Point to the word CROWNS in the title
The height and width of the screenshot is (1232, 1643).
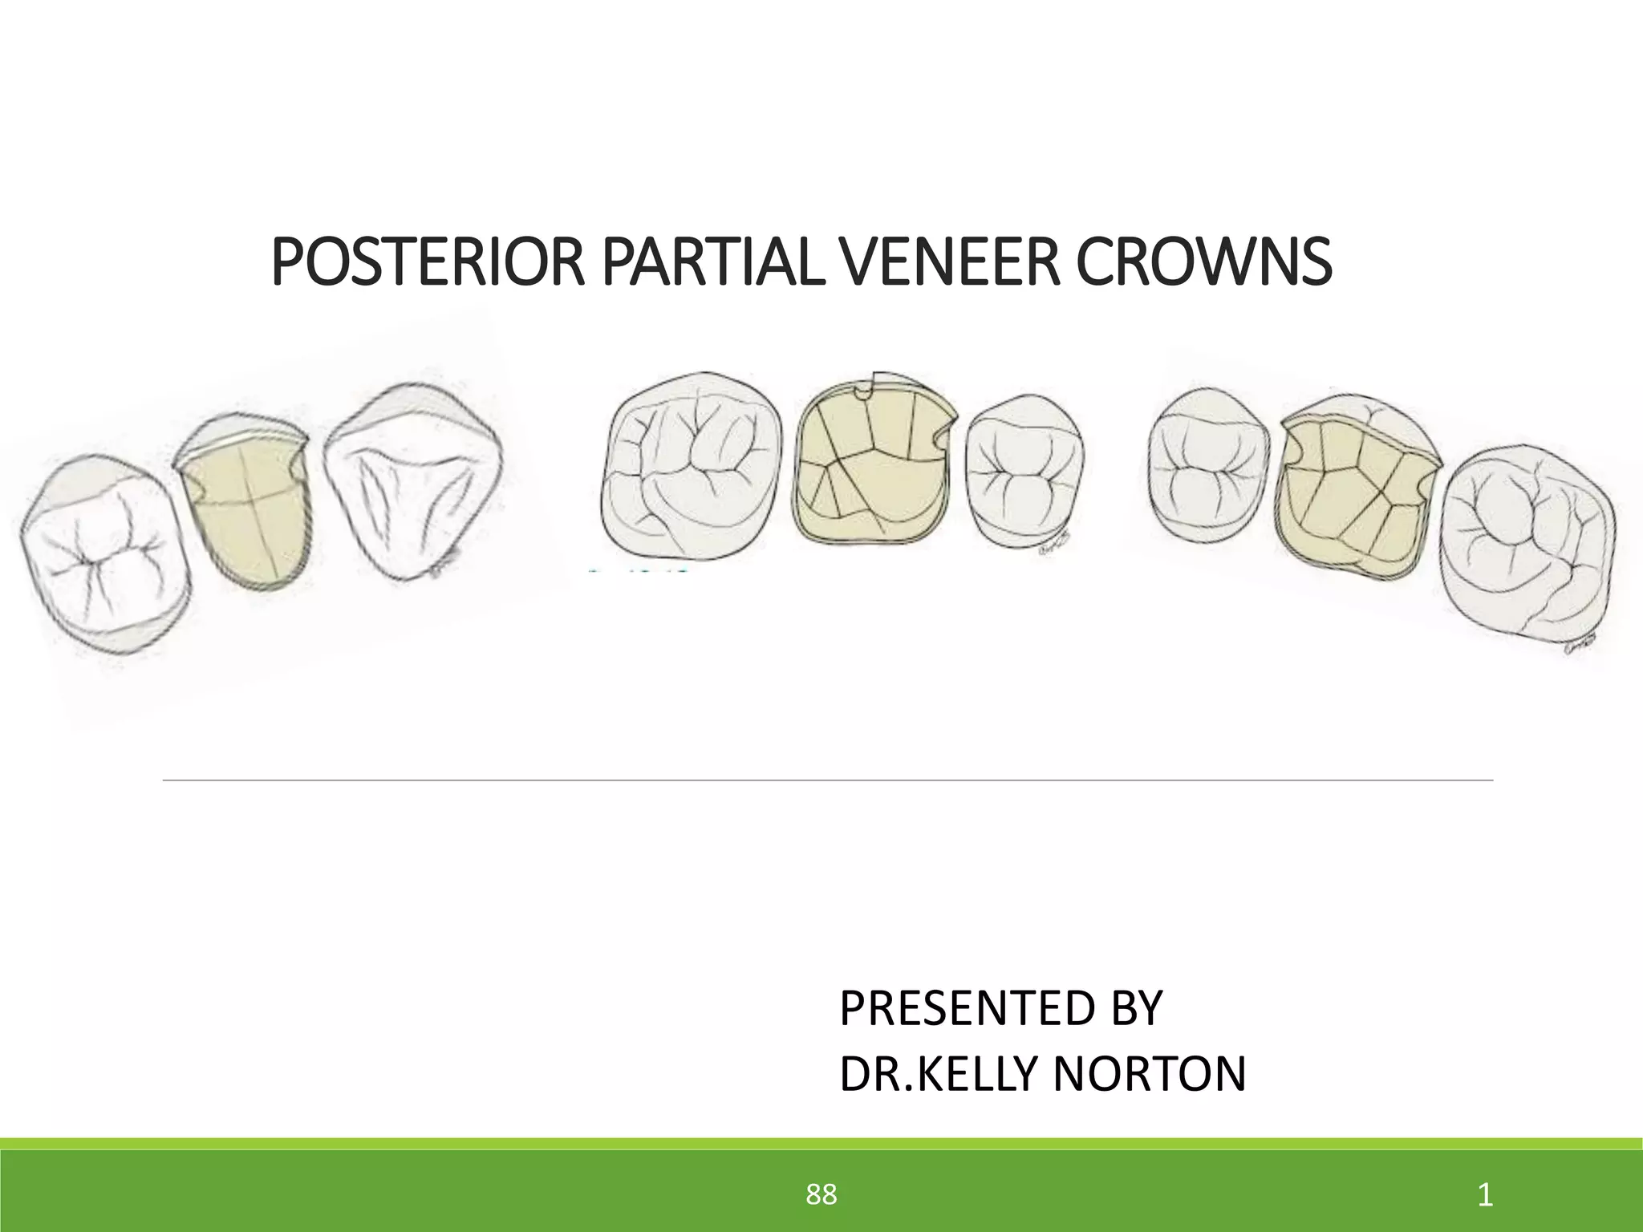coord(1203,262)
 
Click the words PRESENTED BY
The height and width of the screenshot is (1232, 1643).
coord(1000,1008)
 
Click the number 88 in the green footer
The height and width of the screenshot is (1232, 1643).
coord(821,1194)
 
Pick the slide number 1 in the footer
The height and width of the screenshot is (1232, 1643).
coord(1485,1194)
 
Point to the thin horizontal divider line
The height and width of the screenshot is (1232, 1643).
coord(826,779)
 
